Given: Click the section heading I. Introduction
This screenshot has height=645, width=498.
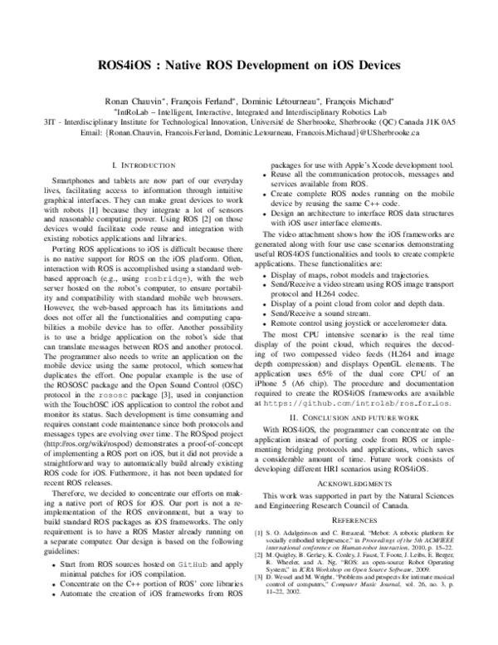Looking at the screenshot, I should tap(143, 166).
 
